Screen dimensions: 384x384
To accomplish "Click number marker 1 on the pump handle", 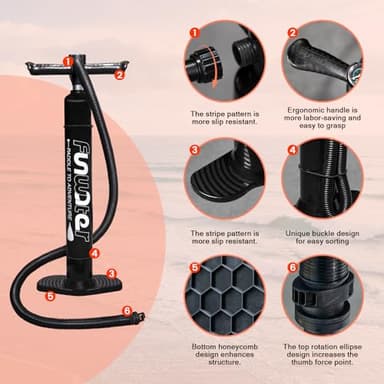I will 68,62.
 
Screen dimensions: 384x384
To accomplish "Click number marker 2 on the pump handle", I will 119,74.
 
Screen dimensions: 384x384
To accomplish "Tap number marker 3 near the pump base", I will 111,272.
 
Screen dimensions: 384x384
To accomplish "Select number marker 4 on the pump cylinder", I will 94,254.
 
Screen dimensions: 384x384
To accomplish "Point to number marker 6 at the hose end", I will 126,311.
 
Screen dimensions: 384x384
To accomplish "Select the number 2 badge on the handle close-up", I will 292,32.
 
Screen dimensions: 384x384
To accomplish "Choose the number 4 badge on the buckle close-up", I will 292,150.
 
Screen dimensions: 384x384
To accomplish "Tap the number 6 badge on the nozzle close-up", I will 292,268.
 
